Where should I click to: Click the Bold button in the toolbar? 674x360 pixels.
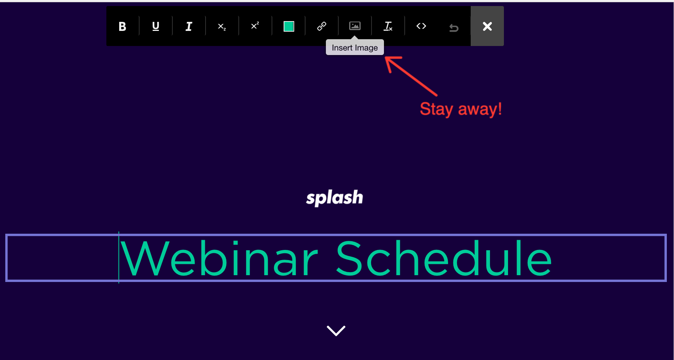[122, 26]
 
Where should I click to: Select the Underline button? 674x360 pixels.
[155, 26]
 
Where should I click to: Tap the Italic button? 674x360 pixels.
[189, 26]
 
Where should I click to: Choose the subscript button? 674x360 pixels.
[222, 26]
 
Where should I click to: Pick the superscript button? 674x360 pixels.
[255, 26]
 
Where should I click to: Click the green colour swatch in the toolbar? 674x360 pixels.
[289, 26]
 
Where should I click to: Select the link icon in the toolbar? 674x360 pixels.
[322, 26]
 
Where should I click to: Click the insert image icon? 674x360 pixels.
[355, 26]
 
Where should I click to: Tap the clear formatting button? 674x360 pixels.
[388, 26]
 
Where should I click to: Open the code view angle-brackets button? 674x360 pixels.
[421, 26]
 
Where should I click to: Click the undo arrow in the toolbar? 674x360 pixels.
[454, 28]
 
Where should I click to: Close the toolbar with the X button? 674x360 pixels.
[487, 26]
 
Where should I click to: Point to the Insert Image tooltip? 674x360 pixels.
[355, 47]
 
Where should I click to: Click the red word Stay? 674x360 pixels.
[436, 109]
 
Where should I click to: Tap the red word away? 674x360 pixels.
[480, 109]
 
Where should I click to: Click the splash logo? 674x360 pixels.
[335, 198]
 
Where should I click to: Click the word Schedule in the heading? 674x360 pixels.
[444, 259]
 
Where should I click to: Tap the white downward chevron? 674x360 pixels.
[336, 331]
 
